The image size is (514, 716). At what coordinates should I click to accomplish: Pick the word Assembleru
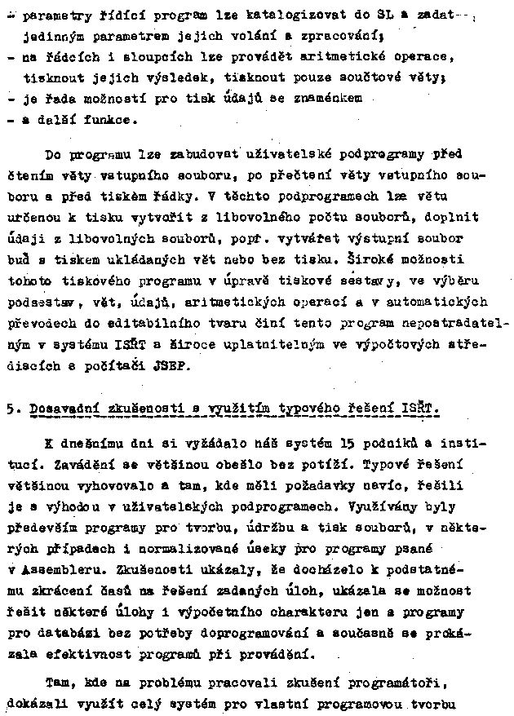(x=54, y=568)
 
